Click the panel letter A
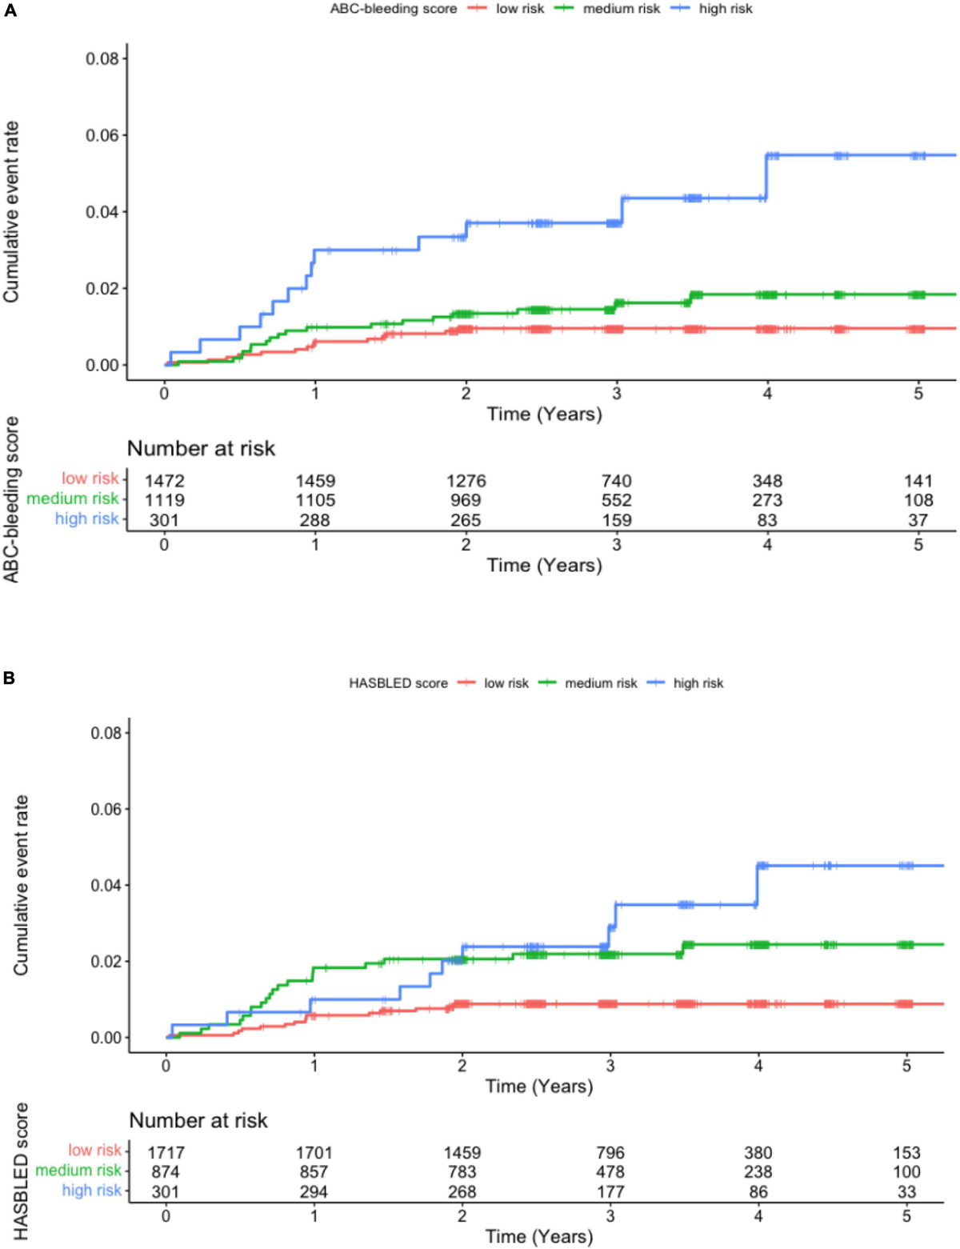(10, 11)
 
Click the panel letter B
(10, 678)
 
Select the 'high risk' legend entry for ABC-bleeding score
(725, 9)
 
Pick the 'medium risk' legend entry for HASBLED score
(600, 683)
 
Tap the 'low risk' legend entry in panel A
(519, 9)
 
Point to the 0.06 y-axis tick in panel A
(102, 135)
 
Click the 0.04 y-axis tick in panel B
(106, 885)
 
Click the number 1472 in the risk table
(164, 481)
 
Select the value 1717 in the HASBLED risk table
(166, 1153)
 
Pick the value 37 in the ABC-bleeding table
(918, 520)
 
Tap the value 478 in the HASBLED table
(610, 1172)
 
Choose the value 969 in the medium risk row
(466, 500)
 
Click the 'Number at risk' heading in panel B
(198, 1120)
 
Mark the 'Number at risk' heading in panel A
(201, 448)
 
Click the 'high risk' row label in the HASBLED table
(91, 1191)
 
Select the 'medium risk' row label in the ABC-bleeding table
(72, 498)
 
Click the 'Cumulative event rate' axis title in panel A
(11, 212)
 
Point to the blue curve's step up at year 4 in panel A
(766, 176)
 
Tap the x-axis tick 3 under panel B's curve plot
(610, 1065)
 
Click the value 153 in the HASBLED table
(906, 1153)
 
